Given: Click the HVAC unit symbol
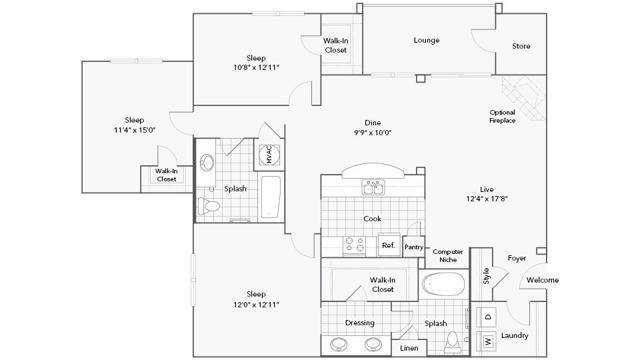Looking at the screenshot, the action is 269,155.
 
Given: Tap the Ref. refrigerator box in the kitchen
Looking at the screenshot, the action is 389,245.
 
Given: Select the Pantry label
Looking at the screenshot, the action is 413,247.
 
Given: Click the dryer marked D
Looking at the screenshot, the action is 487,317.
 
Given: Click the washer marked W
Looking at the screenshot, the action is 487,341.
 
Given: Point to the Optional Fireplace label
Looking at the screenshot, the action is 502,116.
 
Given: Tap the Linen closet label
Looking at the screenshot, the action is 409,348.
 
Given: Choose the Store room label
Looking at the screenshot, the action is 521,46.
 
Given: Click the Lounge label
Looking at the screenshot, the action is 427,40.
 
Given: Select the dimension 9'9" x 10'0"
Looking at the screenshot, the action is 373,132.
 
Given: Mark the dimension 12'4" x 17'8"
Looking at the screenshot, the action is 487,199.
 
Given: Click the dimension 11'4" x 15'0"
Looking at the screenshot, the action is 134,130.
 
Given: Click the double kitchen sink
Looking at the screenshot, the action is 373,188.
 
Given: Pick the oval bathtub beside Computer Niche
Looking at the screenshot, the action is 443,284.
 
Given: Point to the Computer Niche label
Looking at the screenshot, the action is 448,256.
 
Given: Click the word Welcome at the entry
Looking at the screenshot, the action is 542,280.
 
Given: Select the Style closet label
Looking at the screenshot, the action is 486,276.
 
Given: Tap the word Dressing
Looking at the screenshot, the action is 360,323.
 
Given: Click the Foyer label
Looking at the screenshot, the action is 517,258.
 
